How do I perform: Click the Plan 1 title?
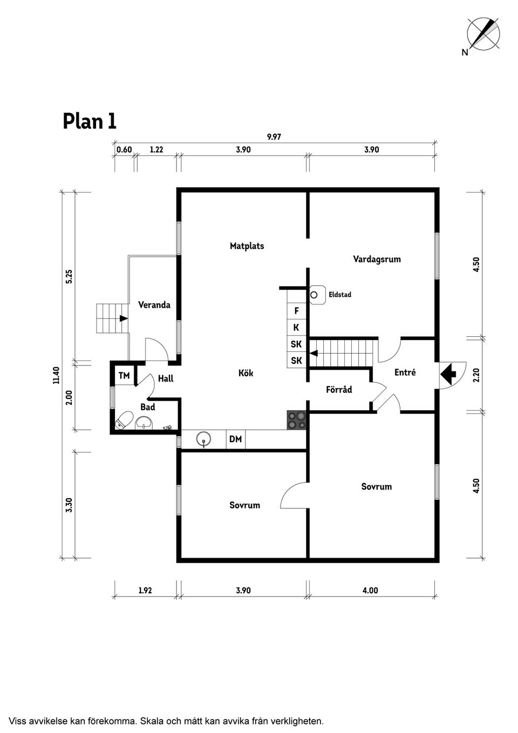90,121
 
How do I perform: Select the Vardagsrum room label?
377,259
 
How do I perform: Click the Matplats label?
247,246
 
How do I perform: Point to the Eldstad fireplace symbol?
314,295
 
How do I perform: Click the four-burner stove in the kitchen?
296,420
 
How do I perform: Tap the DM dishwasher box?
235,439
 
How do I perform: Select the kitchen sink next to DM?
203,439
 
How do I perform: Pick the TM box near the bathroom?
124,376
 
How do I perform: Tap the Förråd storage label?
339,390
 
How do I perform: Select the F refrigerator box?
296,311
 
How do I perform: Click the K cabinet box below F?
296,328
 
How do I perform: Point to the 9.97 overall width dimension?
274,137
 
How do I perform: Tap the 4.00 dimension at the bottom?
370,591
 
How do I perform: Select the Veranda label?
154,305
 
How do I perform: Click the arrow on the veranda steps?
124,318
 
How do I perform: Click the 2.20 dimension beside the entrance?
476,375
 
